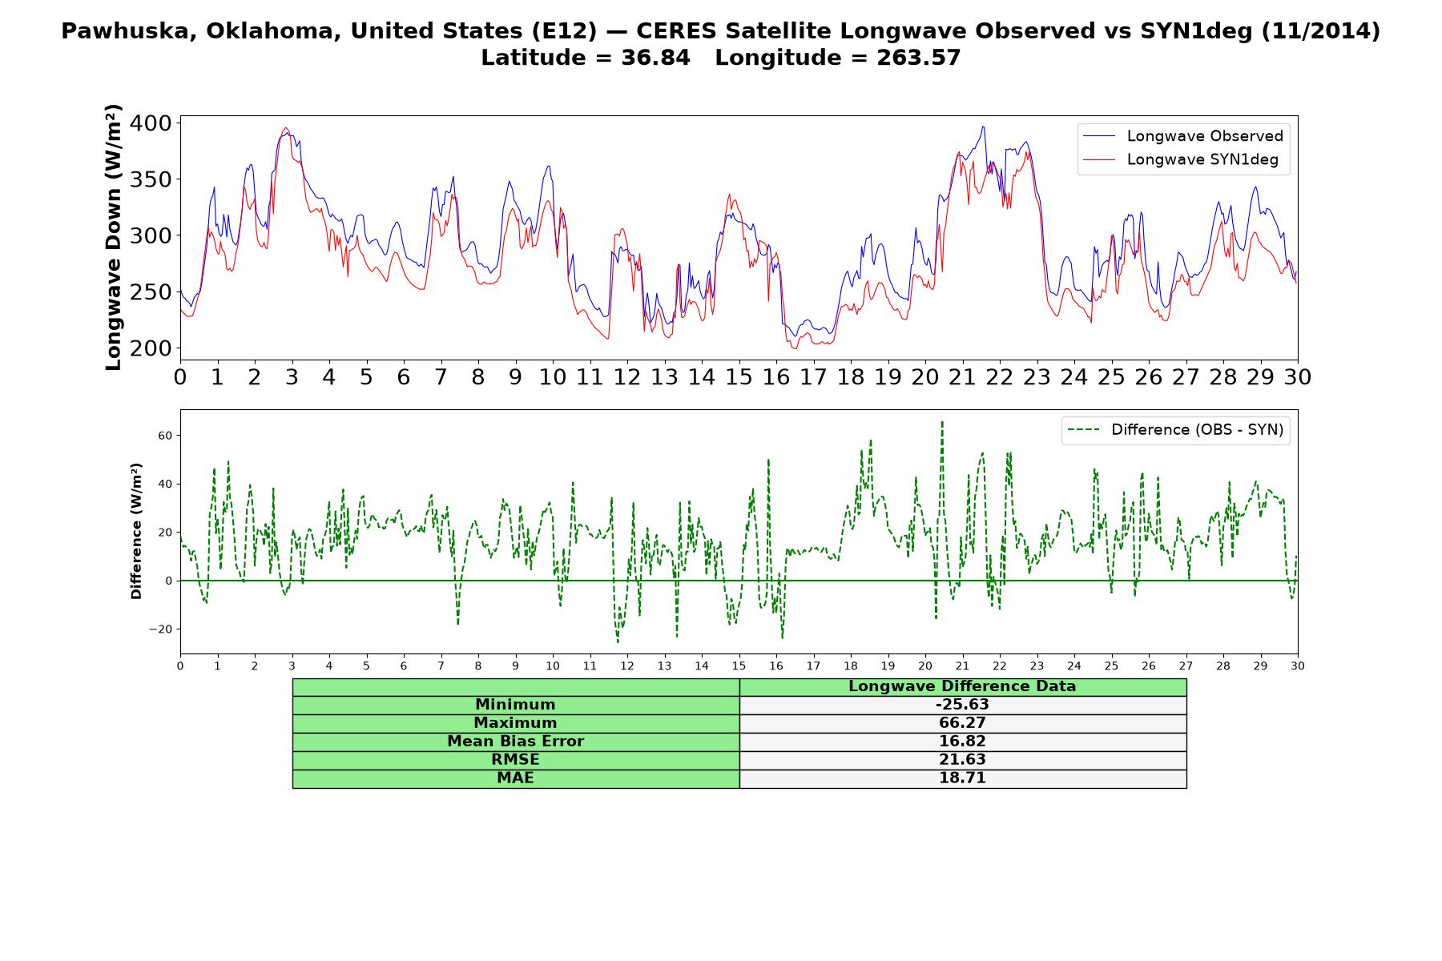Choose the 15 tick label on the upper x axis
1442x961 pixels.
739,376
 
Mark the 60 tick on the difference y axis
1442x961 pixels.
165,436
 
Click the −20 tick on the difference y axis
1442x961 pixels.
160,629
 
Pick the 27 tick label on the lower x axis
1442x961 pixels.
1186,665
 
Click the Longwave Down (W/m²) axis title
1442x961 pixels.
113,237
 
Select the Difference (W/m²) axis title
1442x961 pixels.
136,531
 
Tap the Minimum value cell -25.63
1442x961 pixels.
962,705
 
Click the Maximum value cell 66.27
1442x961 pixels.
962,723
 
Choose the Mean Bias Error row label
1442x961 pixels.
515,742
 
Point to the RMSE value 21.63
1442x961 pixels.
962,760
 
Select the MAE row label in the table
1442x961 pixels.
515,778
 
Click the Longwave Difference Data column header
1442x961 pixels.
962,686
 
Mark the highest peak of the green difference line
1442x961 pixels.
942,421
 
